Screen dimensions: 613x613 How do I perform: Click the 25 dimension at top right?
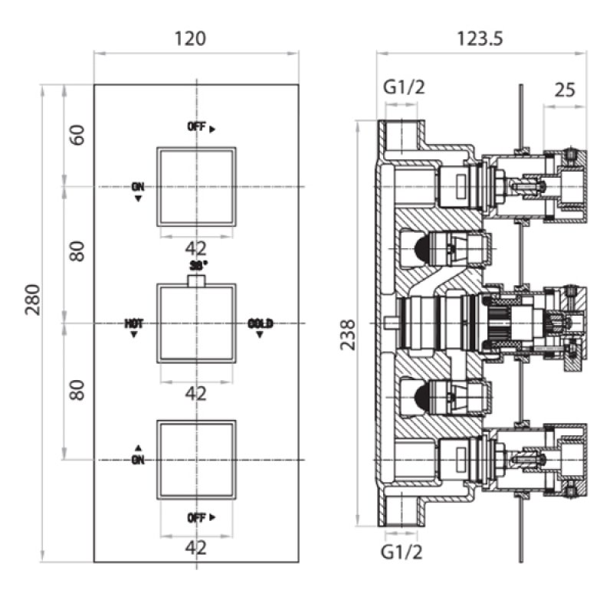click(x=564, y=90)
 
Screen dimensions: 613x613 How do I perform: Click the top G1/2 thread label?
click(x=403, y=88)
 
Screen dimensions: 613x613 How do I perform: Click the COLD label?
click(x=261, y=323)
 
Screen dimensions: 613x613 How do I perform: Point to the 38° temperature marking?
click(x=198, y=265)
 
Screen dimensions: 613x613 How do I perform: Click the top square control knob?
click(x=197, y=186)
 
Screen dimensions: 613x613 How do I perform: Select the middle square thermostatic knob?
click(x=197, y=323)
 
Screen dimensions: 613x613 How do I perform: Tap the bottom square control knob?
click(x=197, y=459)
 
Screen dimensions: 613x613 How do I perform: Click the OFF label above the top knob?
click(x=197, y=127)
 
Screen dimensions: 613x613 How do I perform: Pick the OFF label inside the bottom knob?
click(x=197, y=517)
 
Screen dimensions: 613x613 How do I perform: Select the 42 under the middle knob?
click(x=197, y=393)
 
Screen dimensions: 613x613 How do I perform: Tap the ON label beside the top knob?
click(x=138, y=186)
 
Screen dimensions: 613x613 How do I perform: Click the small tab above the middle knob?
click(x=197, y=279)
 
